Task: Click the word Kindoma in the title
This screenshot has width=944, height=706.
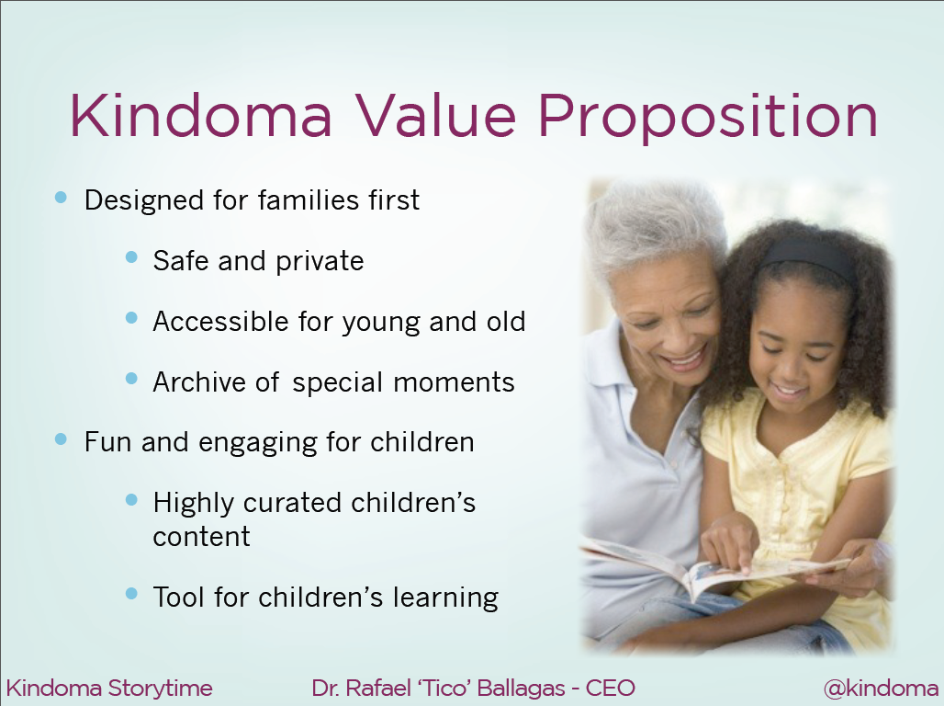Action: [201, 115]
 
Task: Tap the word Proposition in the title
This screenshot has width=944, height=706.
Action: [708, 119]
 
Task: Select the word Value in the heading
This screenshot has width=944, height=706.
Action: [436, 115]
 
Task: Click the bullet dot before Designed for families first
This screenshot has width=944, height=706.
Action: [61, 197]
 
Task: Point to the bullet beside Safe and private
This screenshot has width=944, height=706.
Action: [132, 257]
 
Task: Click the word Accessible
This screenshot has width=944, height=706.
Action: [221, 322]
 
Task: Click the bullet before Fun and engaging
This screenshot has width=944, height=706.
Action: [61, 438]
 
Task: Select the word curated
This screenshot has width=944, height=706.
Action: [292, 503]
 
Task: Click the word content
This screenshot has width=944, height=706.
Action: [201, 537]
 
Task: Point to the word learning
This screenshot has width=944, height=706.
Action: [445, 598]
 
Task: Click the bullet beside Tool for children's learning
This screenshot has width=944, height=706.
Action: [132, 594]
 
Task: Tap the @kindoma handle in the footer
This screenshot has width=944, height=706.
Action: [881, 689]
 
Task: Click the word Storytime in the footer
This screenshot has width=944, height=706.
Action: [160, 688]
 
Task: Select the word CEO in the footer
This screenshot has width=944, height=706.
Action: [611, 688]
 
